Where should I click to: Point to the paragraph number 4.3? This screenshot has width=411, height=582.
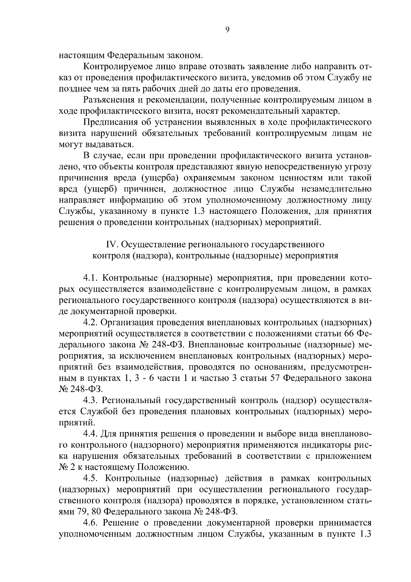point(90,400)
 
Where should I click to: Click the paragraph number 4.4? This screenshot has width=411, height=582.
point(90,434)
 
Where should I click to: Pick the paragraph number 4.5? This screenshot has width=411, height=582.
point(90,478)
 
